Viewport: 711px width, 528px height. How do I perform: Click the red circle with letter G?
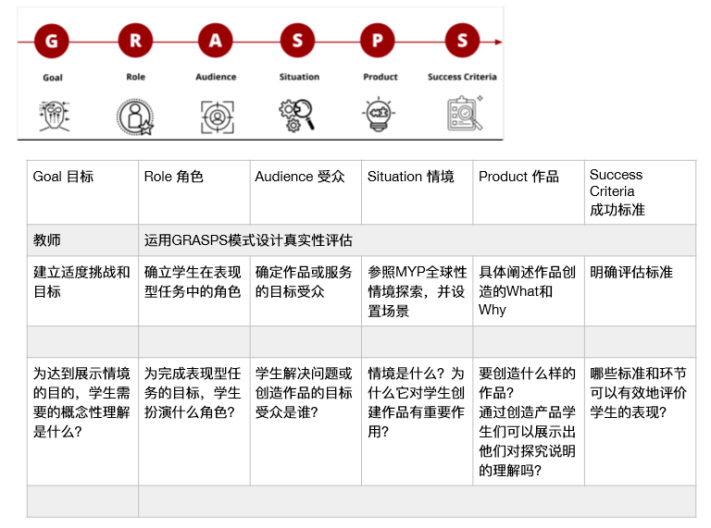point(52,42)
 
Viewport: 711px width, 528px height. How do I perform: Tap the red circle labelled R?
point(135,41)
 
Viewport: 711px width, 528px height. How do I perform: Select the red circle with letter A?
point(216,41)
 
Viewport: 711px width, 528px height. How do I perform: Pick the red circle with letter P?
point(378,41)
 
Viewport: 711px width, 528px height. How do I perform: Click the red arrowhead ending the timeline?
point(498,42)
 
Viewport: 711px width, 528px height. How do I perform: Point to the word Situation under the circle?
point(299,77)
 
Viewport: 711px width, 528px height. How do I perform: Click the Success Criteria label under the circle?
point(462,77)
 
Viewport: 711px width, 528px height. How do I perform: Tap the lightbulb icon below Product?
point(379,114)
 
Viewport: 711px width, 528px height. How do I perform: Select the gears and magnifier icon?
point(296,116)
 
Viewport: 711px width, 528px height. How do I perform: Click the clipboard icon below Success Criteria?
point(465,113)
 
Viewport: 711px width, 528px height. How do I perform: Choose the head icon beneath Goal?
point(55,116)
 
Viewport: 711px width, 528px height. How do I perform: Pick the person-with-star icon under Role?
point(135,117)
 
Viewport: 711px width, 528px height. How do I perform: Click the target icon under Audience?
point(218,117)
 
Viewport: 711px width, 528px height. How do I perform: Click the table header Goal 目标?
point(63,176)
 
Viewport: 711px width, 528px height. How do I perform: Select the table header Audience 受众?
point(300,176)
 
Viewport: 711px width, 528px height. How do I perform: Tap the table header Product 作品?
point(518,176)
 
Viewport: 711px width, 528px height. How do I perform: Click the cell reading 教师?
point(46,240)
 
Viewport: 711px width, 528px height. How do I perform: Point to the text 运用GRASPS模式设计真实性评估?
point(248,240)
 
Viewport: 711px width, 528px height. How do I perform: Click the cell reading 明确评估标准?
point(631,272)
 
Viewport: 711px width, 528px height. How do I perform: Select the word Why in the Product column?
point(492,310)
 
